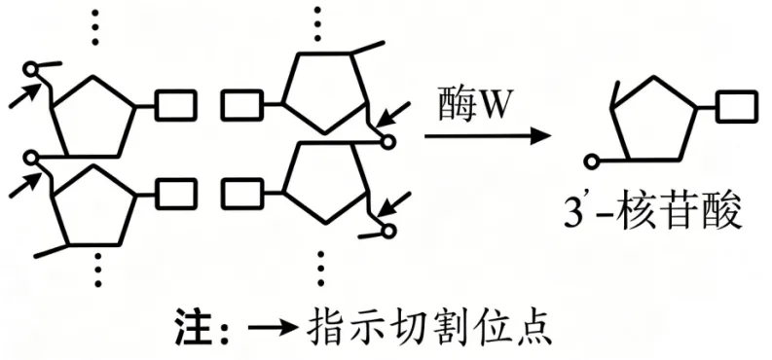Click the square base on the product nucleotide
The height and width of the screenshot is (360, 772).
[737, 106]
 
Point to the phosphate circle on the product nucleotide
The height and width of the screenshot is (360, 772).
[592, 161]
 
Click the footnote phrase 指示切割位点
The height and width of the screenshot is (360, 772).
[428, 327]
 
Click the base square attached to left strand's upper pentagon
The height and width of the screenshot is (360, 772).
[176, 105]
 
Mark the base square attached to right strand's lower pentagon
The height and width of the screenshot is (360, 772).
[241, 195]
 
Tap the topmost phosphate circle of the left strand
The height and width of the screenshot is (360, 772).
[31, 69]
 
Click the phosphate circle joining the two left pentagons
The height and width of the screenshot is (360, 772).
[31, 158]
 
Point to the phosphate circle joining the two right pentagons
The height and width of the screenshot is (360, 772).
[388, 142]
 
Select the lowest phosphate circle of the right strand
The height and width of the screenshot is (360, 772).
[389, 231]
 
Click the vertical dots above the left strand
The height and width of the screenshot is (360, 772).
[95, 26]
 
